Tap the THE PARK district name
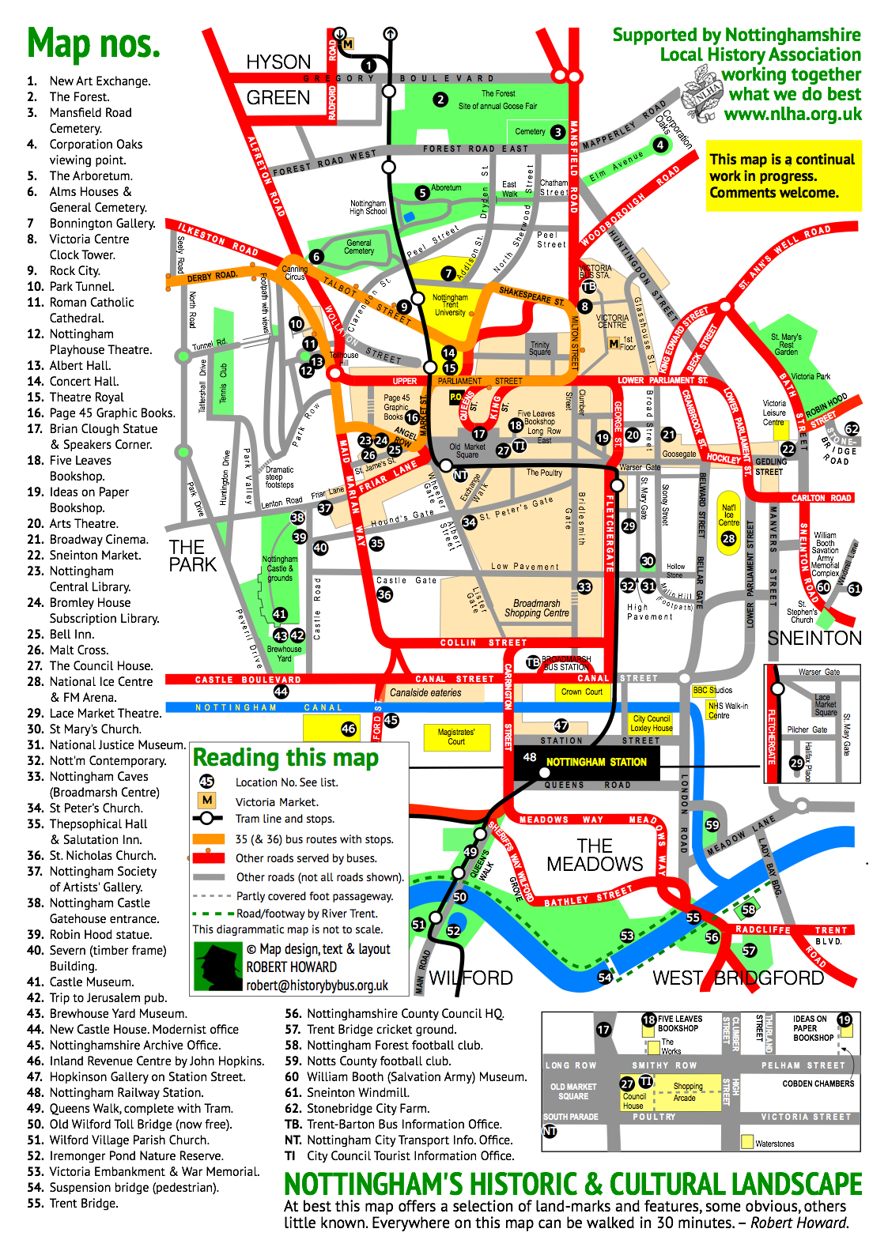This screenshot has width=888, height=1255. [191, 556]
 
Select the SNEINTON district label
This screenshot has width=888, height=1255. [814, 638]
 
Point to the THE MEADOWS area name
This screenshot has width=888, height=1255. [595, 855]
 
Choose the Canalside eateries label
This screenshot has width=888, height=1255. [425, 692]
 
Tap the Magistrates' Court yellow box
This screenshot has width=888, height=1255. [456, 737]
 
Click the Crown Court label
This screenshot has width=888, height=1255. [581, 692]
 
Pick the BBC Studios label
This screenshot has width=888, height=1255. [712, 690]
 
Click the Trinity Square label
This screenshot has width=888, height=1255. [540, 349]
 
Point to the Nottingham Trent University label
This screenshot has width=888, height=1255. [450, 305]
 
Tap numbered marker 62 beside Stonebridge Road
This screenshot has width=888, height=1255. [852, 429]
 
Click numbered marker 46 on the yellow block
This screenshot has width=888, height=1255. [349, 729]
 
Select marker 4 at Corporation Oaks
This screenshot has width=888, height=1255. [660, 145]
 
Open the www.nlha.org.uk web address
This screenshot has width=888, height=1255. [792, 114]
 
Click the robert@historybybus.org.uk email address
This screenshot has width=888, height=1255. [317, 986]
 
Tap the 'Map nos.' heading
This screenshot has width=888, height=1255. [93, 43]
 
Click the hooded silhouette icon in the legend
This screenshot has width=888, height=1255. [217, 966]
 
